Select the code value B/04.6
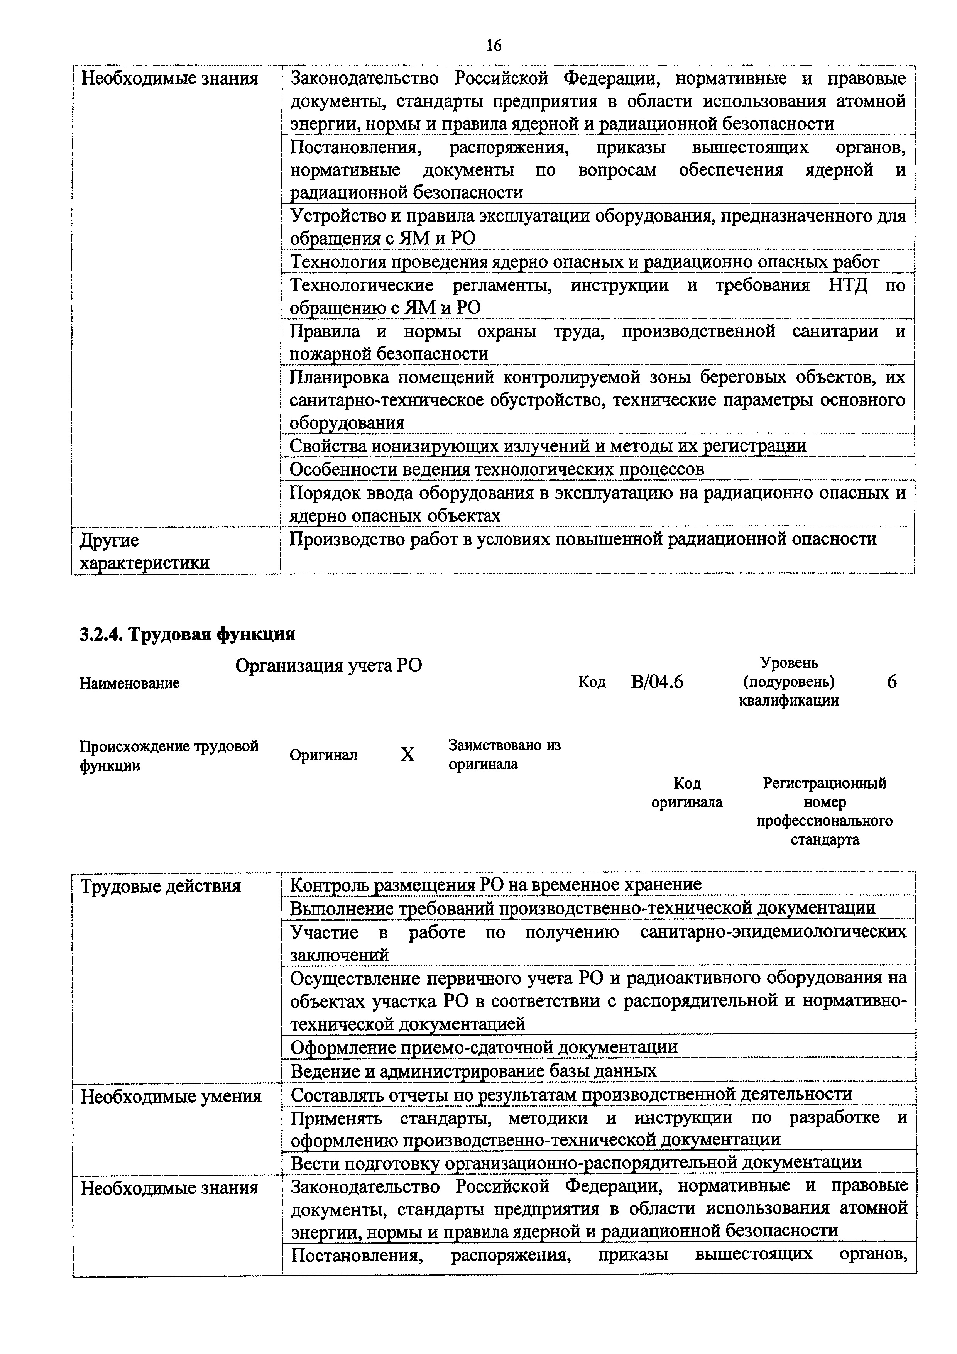(x=656, y=682)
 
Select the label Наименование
(x=130, y=684)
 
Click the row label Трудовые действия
(x=161, y=886)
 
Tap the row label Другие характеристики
(x=144, y=551)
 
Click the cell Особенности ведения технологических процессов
(x=497, y=469)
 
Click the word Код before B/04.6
(x=592, y=682)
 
